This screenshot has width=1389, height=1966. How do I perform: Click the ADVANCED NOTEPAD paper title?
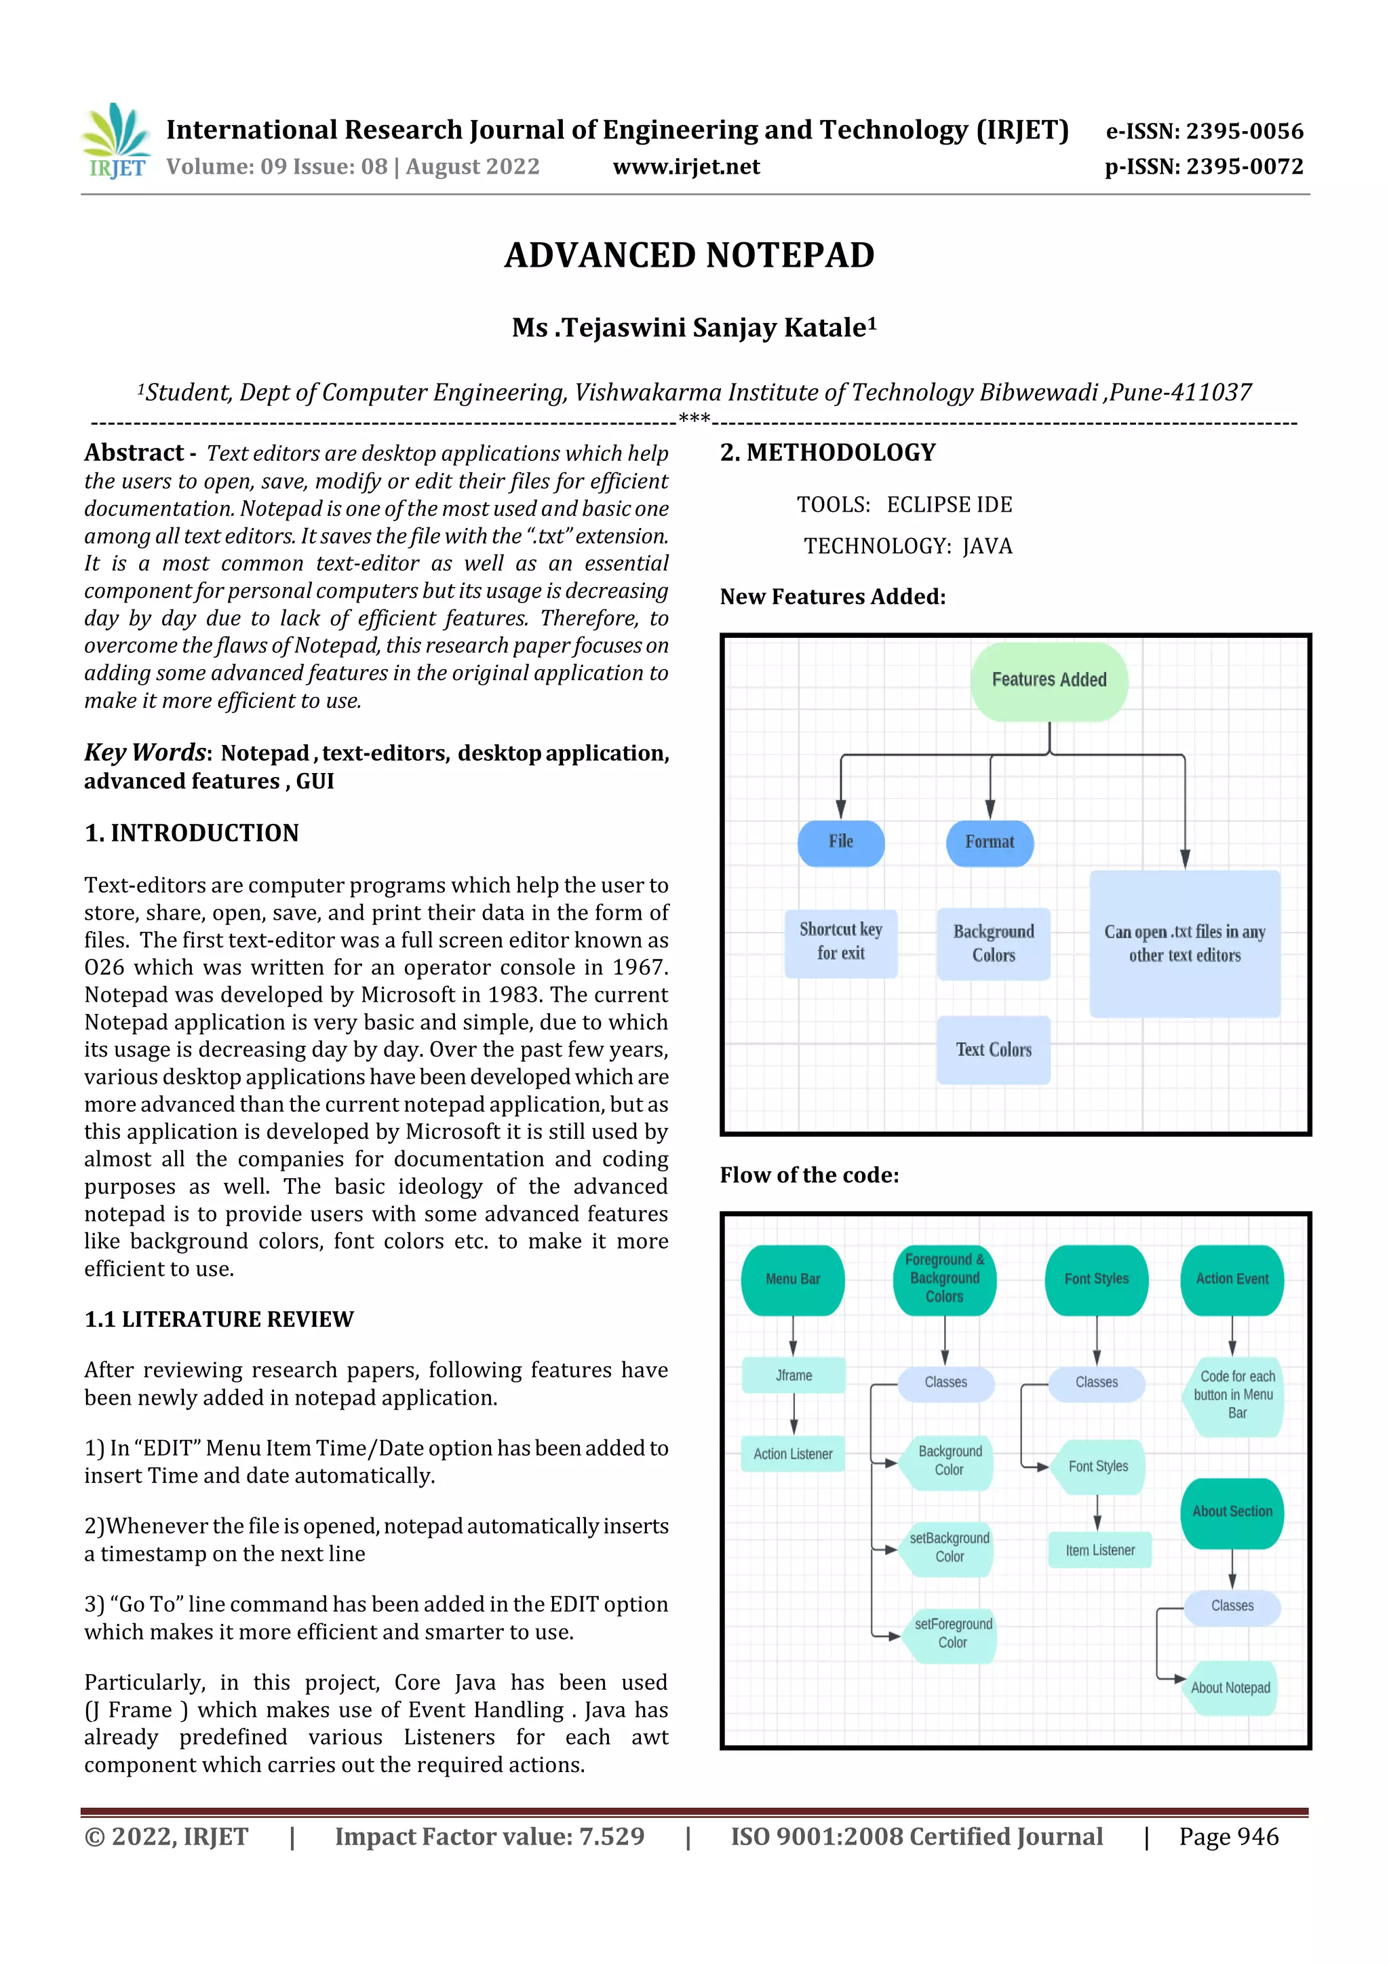point(689,255)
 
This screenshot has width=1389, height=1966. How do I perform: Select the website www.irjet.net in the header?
point(686,166)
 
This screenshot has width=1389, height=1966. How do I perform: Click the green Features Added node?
point(1049,680)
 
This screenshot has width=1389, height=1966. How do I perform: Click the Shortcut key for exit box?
point(840,942)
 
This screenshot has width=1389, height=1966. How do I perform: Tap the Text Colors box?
point(993,1050)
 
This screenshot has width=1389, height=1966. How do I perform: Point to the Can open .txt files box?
point(1184,943)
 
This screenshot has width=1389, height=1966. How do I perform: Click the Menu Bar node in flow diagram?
point(792,1279)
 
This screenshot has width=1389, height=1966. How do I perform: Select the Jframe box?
point(794,1375)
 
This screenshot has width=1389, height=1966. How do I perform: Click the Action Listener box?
point(792,1454)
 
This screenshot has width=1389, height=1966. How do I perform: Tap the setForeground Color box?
point(952,1633)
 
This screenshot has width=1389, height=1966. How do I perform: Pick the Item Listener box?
point(1099,1550)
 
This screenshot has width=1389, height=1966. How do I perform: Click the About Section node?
point(1232,1512)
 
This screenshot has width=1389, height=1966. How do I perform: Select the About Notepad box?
point(1231,1688)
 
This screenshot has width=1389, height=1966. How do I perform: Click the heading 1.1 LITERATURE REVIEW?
point(218,1319)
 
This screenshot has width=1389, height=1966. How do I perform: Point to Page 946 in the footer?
point(1228,1836)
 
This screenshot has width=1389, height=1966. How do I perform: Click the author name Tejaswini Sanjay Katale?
point(694,328)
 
